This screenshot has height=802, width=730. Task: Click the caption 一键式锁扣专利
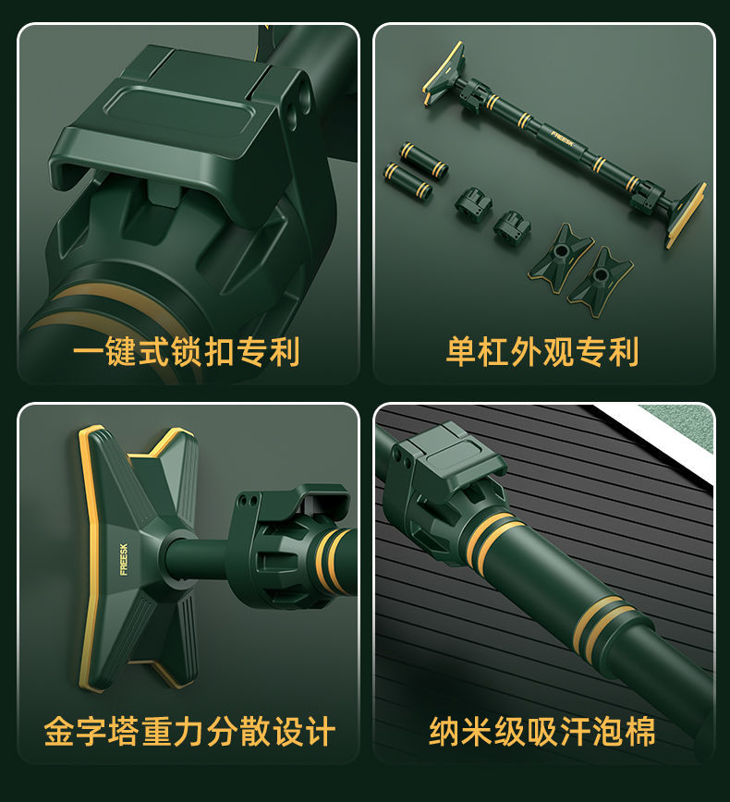point(187,352)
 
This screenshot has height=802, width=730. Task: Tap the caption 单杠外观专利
point(542,352)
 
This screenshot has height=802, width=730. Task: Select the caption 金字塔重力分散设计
point(189,732)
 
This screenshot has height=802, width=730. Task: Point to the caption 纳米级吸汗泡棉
point(542,732)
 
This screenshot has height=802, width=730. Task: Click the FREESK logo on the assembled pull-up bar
point(563,140)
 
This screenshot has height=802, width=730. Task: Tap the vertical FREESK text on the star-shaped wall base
point(123,559)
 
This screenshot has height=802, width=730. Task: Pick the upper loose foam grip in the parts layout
point(424,160)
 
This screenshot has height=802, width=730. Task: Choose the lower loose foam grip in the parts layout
point(408,180)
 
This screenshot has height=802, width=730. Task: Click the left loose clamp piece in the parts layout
point(473,204)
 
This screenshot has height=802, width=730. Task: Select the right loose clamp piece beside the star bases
point(512,226)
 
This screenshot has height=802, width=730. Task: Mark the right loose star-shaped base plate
point(600,280)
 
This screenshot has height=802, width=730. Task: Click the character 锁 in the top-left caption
point(187,352)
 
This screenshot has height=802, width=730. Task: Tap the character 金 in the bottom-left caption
point(60,732)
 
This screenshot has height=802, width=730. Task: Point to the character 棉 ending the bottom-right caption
point(640,732)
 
